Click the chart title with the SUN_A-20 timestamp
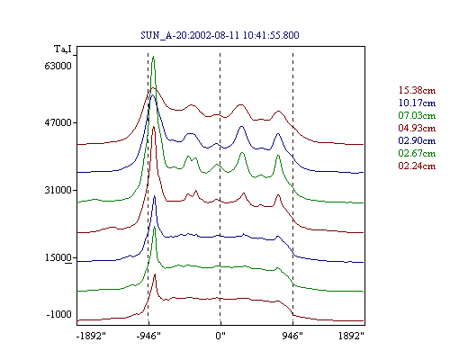pos(220,35)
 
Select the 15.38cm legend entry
pos(417,90)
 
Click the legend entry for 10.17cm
pos(417,103)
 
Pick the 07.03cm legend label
pos(417,115)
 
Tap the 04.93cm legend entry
pos(417,128)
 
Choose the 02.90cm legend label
pos(417,140)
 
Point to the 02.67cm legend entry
pos(417,153)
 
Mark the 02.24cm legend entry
pos(417,166)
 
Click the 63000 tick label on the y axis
pos(58,66)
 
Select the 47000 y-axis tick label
pos(58,122)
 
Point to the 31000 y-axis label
pos(58,190)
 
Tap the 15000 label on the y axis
pos(58,257)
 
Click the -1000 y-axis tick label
pos(59,314)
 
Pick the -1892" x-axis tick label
pos(91,336)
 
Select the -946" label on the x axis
pos(148,336)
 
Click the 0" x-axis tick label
pos(220,336)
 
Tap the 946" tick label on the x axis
pos(292,336)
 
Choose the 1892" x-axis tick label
pos(351,336)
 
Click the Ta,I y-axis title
pos(63,49)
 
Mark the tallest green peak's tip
pos(153,57)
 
